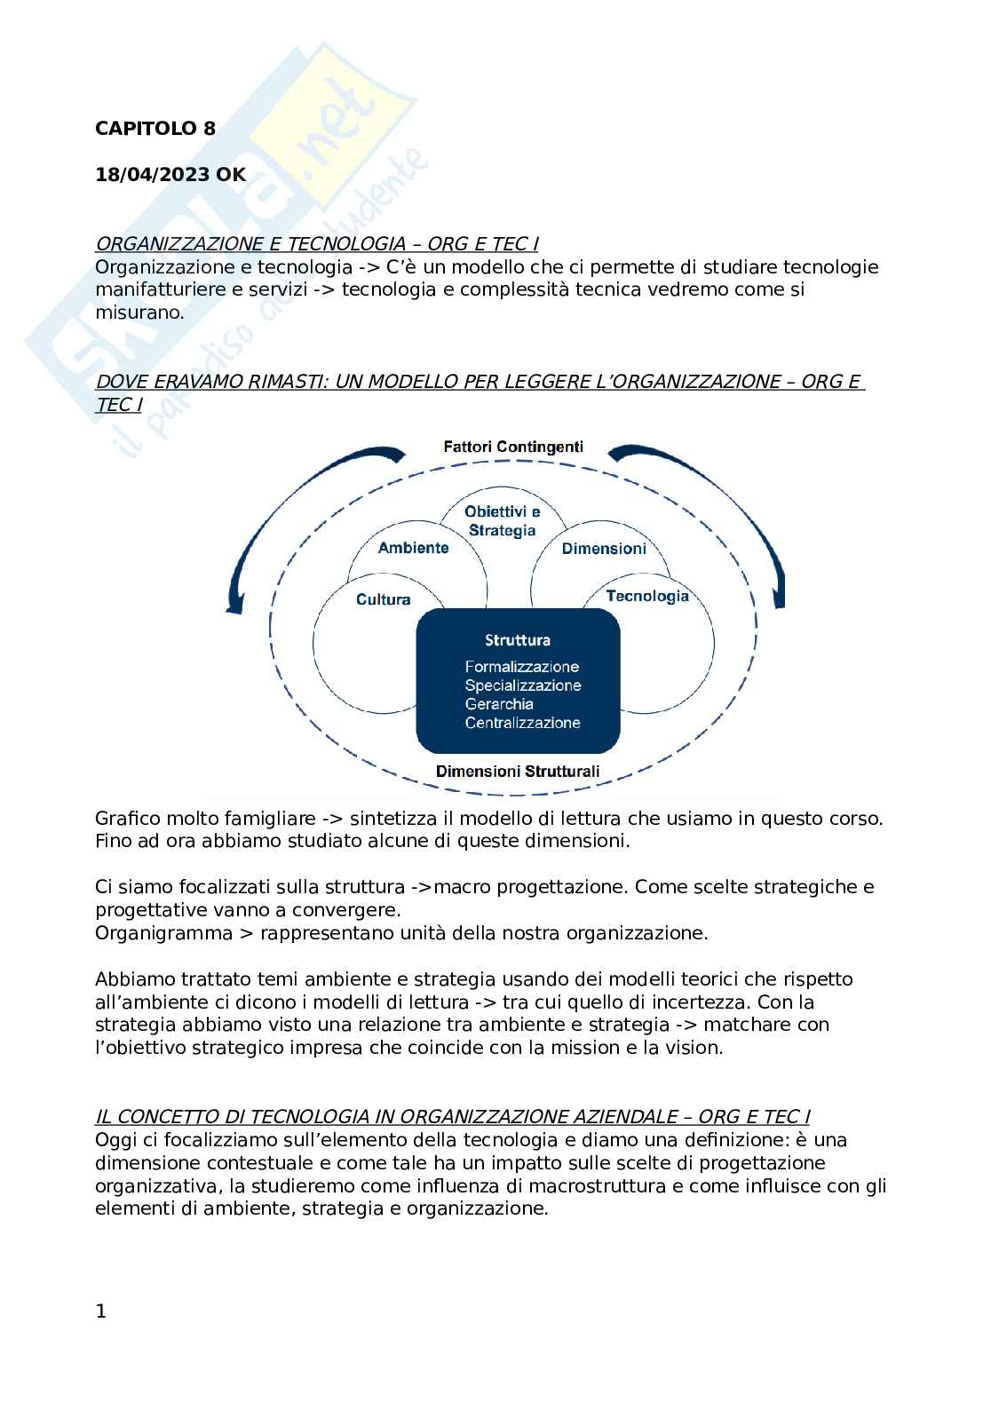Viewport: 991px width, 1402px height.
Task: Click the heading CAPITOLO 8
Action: pos(155,129)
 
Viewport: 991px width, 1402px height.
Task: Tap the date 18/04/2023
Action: pos(153,175)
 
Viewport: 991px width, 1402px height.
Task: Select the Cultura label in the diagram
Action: pos(383,599)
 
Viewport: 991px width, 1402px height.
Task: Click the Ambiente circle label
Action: pos(413,548)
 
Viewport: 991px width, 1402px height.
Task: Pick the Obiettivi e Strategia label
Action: pos(502,521)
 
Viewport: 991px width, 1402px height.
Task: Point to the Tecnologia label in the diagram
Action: pos(647,596)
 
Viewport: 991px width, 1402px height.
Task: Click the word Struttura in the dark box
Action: pos(518,640)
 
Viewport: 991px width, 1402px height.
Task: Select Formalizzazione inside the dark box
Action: pos(521,667)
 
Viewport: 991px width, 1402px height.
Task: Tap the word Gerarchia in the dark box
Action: pos(499,704)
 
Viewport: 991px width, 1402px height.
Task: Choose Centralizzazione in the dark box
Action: pos(522,723)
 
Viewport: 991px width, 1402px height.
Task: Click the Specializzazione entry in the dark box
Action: pos(523,685)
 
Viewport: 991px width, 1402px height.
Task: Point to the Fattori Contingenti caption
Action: pos(513,447)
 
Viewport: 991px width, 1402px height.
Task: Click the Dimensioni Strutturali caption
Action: pos(518,772)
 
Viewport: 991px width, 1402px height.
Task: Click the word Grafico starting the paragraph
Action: pos(124,819)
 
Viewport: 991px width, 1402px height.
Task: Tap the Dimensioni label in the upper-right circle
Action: pos(604,549)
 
